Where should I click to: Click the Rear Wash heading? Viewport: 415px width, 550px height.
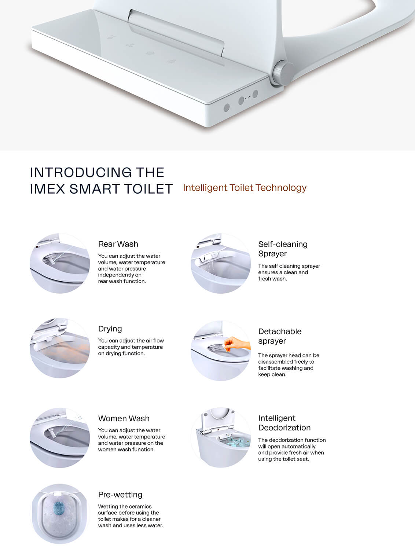pyautogui.click(x=118, y=244)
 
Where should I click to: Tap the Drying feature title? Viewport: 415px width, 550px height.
pyautogui.click(x=110, y=329)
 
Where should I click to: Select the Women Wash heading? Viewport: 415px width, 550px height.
pyautogui.click(x=124, y=418)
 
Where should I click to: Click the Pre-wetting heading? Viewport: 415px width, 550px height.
pyautogui.click(x=120, y=495)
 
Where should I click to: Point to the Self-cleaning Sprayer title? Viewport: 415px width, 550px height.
pyautogui.click(x=283, y=249)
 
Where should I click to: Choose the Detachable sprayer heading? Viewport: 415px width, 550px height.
pyautogui.click(x=280, y=336)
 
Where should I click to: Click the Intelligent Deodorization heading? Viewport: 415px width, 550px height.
pyautogui.click(x=284, y=423)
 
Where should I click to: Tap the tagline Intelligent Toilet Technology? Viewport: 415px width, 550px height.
pyautogui.click(x=245, y=188)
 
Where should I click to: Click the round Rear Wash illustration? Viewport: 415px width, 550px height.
pyautogui.click(x=60, y=263)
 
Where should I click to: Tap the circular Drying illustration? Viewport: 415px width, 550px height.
pyautogui.click(x=60, y=348)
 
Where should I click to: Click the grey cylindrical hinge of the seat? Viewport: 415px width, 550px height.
pyautogui.click(x=282, y=73)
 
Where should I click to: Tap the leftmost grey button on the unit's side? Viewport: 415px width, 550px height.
pyautogui.click(x=227, y=108)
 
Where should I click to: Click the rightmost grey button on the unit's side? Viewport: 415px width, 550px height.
pyautogui.click(x=255, y=94)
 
